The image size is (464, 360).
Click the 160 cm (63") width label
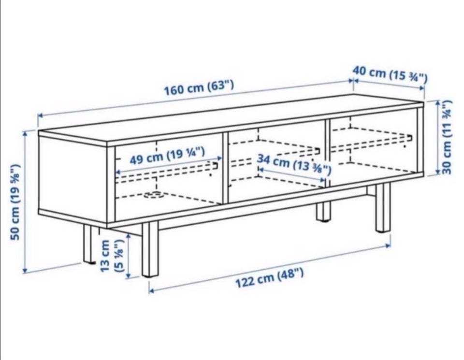(199, 87)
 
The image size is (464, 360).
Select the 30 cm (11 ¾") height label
(446, 137)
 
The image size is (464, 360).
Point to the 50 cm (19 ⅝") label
(15, 202)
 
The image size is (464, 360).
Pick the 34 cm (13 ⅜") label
(293, 164)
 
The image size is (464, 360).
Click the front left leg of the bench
(150, 249)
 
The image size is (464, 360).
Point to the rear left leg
(88, 244)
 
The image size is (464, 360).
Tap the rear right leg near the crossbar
(323, 211)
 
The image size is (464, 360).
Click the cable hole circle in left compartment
(153, 195)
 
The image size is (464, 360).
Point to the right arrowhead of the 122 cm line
(388, 245)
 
